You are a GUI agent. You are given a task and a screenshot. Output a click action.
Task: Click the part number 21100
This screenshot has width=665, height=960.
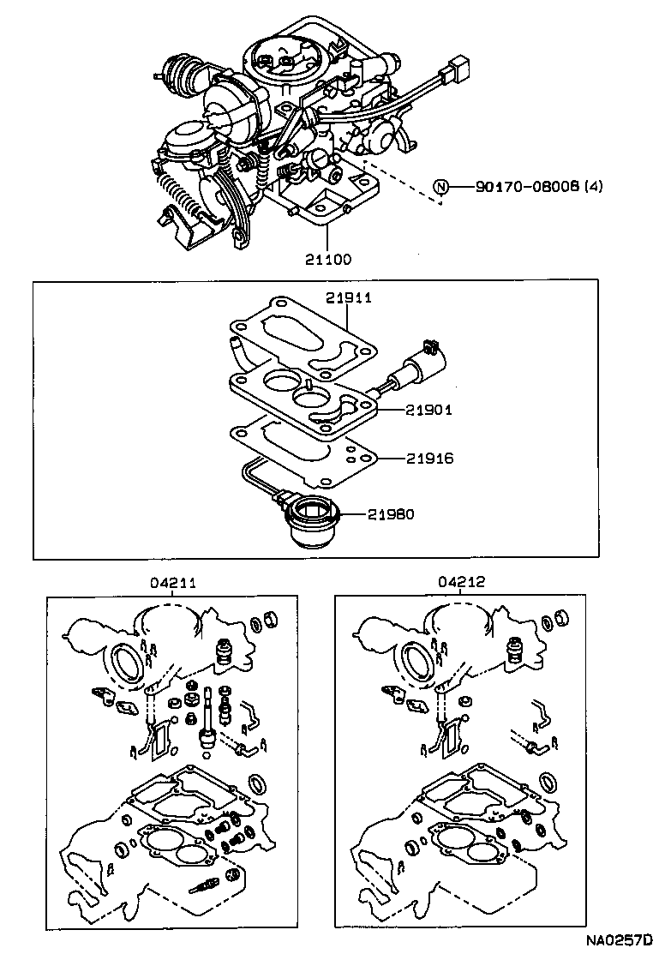tap(327, 258)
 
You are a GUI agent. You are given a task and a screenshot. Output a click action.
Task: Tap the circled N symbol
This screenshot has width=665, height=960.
tap(440, 187)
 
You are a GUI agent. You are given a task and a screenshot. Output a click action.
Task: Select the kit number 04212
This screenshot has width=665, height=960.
tap(463, 582)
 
